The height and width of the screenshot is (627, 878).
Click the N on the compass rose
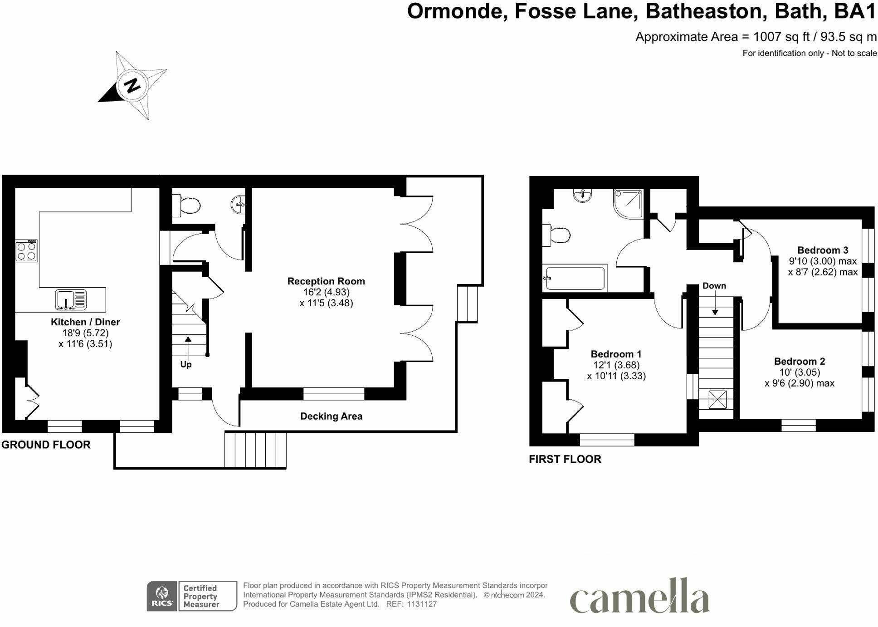coord(132,85)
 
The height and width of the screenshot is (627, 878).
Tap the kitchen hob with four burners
coord(26,251)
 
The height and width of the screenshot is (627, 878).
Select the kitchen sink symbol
coord(71,300)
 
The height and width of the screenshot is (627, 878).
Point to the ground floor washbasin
coord(239,205)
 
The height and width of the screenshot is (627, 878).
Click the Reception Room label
coord(326,281)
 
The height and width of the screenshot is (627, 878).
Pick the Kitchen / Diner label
coord(85,322)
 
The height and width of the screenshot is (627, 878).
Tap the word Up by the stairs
coord(186,364)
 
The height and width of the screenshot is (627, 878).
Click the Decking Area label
coord(332,416)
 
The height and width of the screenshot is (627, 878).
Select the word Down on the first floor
coord(714,286)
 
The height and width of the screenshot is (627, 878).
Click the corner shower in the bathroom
coord(629,203)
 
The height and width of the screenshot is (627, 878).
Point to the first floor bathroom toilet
coord(556,235)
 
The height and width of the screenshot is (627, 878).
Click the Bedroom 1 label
coord(616,354)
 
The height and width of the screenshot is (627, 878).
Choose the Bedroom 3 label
coord(823,250)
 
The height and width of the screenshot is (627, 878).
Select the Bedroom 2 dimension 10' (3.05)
coord(800,372)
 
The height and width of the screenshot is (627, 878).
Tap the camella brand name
coord(639,595)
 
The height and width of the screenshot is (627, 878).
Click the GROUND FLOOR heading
coord(46,445)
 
